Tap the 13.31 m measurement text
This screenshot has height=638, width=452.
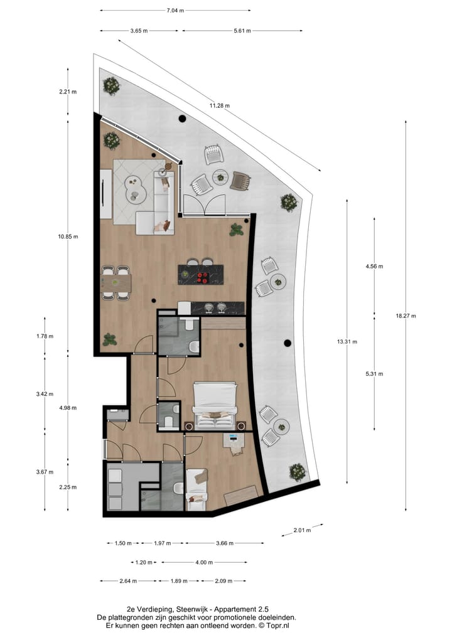[347, 341]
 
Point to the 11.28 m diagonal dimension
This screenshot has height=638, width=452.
[219, 105]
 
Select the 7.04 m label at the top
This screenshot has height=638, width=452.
[175, 11]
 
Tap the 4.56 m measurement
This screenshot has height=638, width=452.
[374, 267]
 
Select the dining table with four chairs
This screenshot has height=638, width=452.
[116, 283]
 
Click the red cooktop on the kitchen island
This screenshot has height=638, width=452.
[203, 274]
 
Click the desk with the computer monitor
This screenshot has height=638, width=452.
[235, 442]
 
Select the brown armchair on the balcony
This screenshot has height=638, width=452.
[240, 181]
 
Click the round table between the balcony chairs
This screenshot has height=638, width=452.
[220, 177]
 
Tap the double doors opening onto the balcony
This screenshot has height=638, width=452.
[203, 205]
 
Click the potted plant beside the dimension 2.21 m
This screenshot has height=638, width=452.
[112, 85]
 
